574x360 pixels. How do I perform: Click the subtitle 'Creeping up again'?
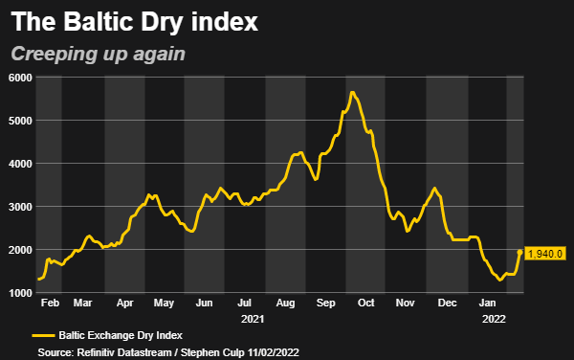point(98,55)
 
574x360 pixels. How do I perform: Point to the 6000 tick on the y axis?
point(19,78)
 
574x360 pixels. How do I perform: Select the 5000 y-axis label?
point(19,121)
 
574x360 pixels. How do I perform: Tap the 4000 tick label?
point(19,164)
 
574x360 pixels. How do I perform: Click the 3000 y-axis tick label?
point(19,207)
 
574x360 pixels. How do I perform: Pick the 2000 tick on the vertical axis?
point(19,250)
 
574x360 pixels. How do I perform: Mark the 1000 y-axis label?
point(19,293)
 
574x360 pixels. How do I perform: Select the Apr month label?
point(124,303)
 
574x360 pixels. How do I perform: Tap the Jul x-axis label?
point(245,303)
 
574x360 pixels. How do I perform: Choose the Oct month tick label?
point(365,303)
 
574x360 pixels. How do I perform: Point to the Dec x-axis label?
point(446,303)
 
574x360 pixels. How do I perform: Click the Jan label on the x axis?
point(487,303)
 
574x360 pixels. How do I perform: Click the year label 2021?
point(253,317)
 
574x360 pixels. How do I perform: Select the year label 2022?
point(494,317)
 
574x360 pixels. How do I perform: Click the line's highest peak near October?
point(352,92)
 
